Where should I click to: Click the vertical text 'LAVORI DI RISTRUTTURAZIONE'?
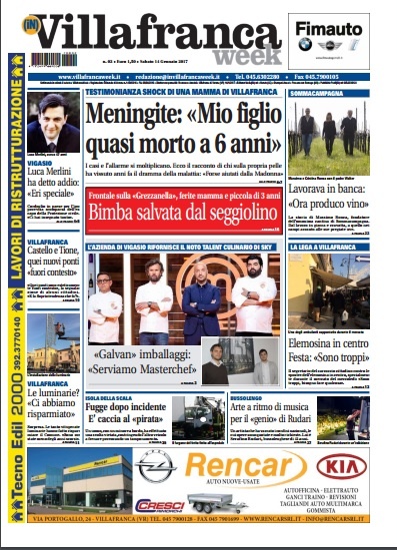point(14,200)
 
